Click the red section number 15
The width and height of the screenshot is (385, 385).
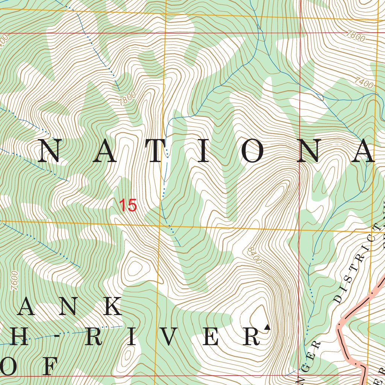(128, 206)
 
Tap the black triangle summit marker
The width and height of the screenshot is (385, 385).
(267, 327)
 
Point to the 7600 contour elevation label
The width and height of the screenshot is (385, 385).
(15, 280)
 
